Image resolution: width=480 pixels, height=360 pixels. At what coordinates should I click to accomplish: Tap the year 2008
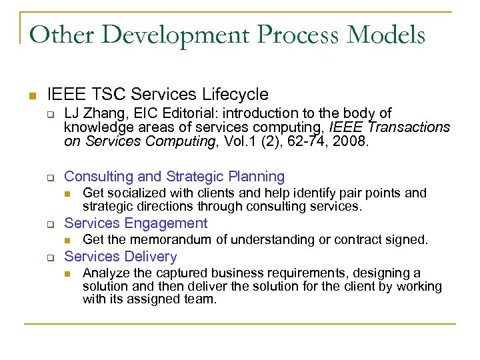pyautogui.click(x=351, y=141)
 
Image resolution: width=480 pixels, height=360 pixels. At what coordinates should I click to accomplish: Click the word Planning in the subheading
pyautogui.click(x=257, y=177)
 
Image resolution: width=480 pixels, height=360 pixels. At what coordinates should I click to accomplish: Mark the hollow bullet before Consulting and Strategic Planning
pyautogui.click(x=49, y=177)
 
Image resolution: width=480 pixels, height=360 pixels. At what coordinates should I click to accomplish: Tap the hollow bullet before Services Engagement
pyautogui.click(x=49, y=224)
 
